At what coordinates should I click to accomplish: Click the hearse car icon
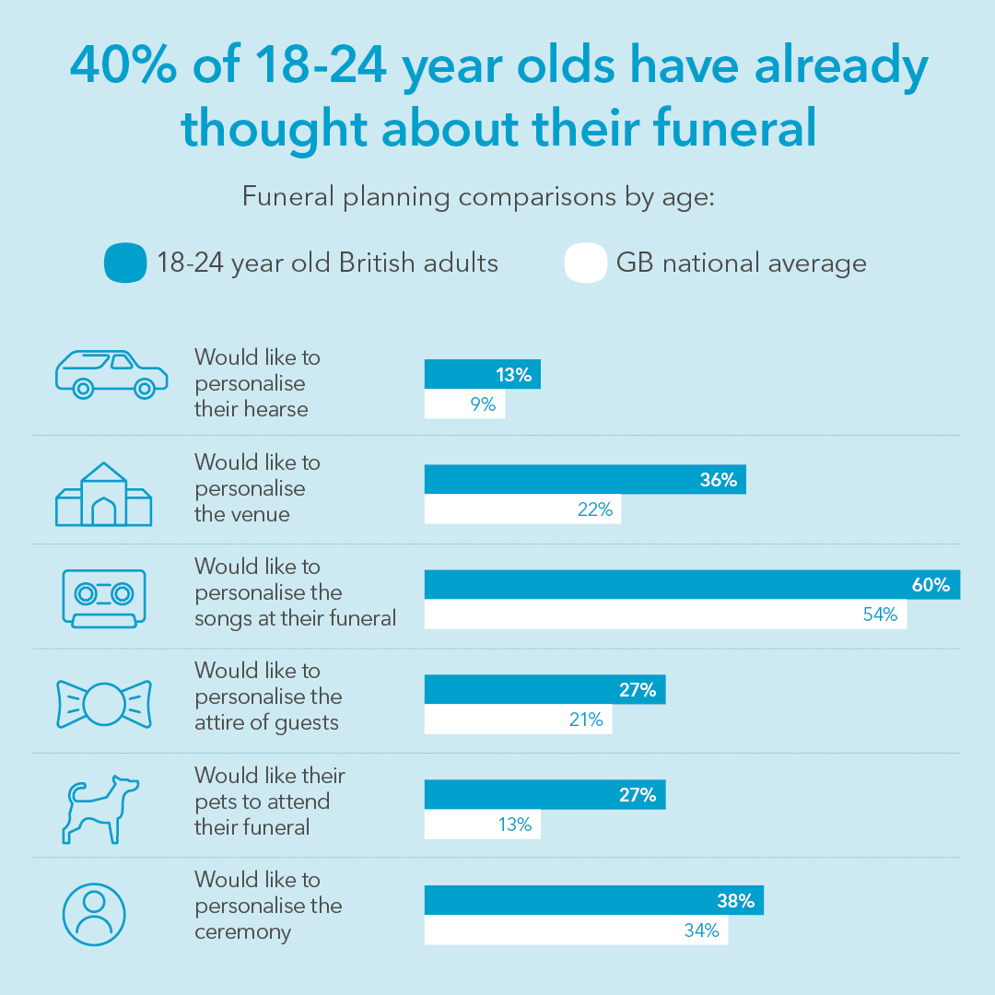click(111, 374)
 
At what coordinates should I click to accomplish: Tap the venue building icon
click(104, 496)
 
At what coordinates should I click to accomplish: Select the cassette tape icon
click(104, 598)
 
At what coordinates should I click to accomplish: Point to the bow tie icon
click(104, 704)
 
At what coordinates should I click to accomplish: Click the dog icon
click(100, 808)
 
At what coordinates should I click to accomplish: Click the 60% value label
click(931, 585)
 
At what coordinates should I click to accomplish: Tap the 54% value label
click(879, 615)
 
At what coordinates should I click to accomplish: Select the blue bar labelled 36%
click(585, 480)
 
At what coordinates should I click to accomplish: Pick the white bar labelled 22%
click(522, 509)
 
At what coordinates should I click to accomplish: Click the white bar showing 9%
click(464, 404)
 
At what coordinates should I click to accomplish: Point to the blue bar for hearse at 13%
click(482, 375)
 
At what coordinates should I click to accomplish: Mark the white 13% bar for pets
click(482, 825)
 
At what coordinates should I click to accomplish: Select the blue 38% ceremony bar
click(593, 900)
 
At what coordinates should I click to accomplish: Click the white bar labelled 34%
click(576, 931)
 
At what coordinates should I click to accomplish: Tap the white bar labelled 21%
click(518, 720)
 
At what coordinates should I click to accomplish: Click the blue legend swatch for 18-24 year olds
click(125, 263)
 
